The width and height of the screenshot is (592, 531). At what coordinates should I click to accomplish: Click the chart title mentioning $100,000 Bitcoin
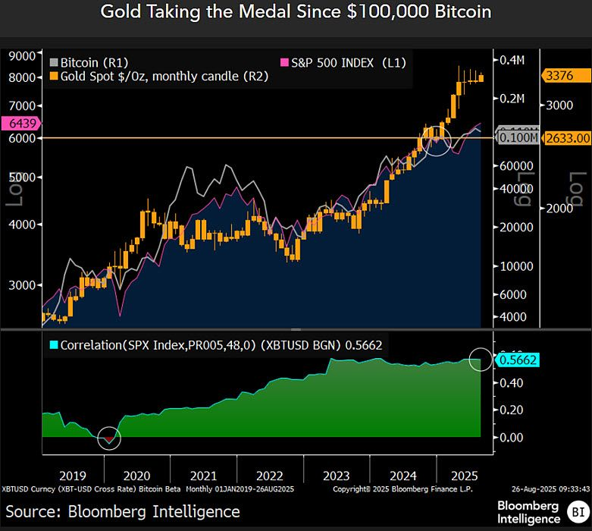[296, 12]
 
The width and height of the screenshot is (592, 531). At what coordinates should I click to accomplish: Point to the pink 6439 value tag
[20, 123]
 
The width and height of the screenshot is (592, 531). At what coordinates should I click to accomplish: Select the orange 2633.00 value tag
[565, 137]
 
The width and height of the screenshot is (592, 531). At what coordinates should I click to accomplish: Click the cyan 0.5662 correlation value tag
[517, 360]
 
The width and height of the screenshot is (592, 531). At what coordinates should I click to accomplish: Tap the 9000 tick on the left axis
[23, 55]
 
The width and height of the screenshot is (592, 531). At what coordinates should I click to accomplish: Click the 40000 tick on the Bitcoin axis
[514, 188]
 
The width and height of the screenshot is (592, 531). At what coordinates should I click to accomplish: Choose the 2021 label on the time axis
[203, 476]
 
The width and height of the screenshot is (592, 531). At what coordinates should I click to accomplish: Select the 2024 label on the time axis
[402, 476]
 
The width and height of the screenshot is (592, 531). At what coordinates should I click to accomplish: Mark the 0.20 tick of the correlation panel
[509, 410]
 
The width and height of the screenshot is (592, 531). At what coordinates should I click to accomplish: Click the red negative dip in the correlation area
[109, 438]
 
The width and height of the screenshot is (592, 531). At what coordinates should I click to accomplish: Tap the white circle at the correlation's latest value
[481, 359]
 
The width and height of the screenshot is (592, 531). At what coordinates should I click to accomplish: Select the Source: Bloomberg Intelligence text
[122, 511]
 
